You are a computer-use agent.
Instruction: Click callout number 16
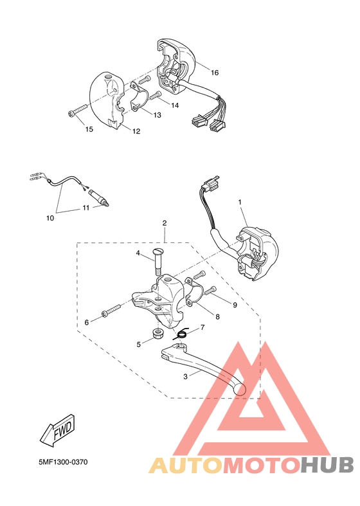click(x=215, y=73)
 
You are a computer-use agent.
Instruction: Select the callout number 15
click(x=89, y=129)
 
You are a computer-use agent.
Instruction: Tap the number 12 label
click(x=136, y=132)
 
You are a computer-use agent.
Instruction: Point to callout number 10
click(x=50, y=218)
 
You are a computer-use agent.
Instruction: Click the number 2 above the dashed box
click(x=165, y=223)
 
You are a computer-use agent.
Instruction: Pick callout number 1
click(x=240, y=202)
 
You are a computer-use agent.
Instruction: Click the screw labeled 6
click(x=111, y=312)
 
